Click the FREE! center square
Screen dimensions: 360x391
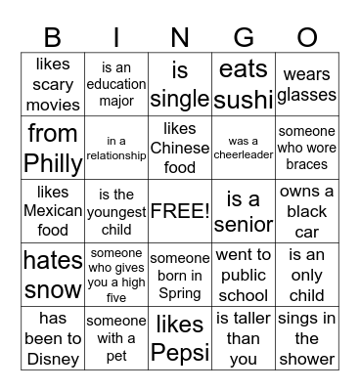click(x=180, y=211)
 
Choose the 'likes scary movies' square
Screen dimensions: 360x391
click(x=53, y=85)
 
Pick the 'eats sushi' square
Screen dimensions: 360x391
click(x=244, y=85)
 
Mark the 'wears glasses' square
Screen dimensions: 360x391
click(x=306, y=85)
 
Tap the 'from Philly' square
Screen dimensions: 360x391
click(x=53, y=148)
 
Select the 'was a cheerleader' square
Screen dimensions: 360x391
click(x=244, y=148)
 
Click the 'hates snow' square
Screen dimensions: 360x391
click(x=53, y=275)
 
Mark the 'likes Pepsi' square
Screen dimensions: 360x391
click(x=180, y=338)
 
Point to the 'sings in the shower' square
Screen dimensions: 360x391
click(x=306, y=338)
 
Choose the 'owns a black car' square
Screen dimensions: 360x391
click(x=306, y=211)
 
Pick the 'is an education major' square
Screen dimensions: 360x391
click(x=116, y=85)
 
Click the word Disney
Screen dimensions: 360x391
click(x=59, y=357)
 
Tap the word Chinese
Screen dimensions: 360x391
click(x=180, y=148)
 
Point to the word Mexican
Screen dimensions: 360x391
click(x=53, y=211)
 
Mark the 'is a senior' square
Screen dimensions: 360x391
click(x=244, y=211)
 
